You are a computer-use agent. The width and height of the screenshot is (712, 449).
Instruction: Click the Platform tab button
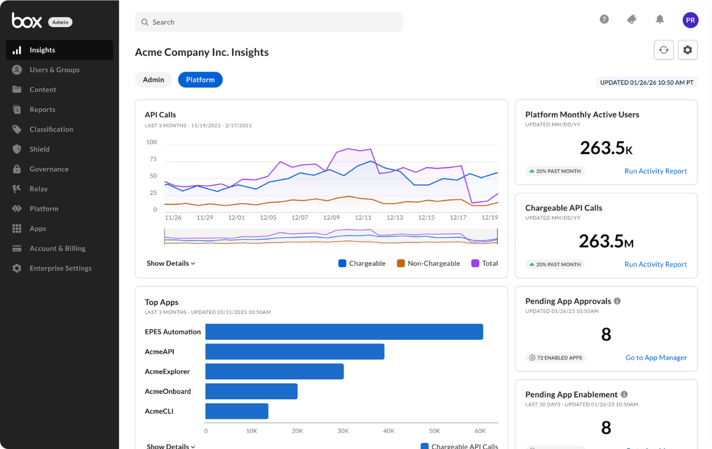pos(200,80)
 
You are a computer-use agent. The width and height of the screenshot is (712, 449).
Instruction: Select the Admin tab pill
pos(153,80)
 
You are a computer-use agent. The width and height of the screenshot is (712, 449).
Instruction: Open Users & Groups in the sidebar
pos(54,70)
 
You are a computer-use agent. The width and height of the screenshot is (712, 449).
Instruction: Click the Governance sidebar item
pos(49,169)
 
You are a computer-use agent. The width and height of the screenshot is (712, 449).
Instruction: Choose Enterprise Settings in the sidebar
pos(60,268)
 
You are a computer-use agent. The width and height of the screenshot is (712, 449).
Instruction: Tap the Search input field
pos(269,22)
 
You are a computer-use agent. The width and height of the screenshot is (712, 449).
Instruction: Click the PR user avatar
pos(690,20)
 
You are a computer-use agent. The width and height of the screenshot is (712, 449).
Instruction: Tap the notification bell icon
pos(660,19)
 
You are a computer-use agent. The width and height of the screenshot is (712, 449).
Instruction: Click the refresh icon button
pos(664,50)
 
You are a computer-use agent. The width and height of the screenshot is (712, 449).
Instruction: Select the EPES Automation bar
pos(344,332)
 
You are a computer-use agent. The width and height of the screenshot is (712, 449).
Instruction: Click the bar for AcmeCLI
pos(237,411)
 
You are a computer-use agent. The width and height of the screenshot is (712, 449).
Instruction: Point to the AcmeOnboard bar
pos(251,391)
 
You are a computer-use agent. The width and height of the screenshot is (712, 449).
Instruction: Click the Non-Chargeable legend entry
pos(428,263)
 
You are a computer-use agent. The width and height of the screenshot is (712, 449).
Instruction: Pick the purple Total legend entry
pos(484,263)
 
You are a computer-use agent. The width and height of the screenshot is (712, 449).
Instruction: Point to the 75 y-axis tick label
pos(153,159)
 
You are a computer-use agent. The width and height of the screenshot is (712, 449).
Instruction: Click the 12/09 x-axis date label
pos(331,218)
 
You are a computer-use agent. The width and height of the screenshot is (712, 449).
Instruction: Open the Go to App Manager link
pos(656,358)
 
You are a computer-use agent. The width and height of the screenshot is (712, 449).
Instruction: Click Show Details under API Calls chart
pos(171,263)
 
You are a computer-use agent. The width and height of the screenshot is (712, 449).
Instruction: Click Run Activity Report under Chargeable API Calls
pos(655,265)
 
